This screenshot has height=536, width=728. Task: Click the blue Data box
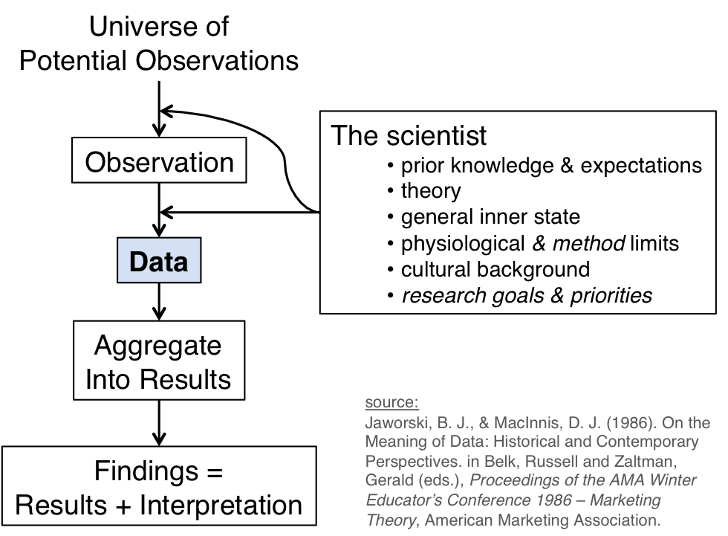point(158,261)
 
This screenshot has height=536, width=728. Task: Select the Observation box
point(158,162)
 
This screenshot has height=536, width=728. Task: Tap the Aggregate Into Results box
point(158,362)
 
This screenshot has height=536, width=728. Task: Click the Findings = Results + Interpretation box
point(158,488)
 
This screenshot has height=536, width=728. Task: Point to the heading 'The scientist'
point(409,135)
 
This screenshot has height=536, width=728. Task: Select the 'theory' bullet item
point(431,190)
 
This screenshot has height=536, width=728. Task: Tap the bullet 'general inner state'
point(490,216)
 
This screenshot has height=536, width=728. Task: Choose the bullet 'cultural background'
point(495,268)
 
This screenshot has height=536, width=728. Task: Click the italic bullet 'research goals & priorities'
point(527,295)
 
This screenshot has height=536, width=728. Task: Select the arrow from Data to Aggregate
point(158,302)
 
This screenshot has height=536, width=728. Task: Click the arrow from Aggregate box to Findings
point(158,422)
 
